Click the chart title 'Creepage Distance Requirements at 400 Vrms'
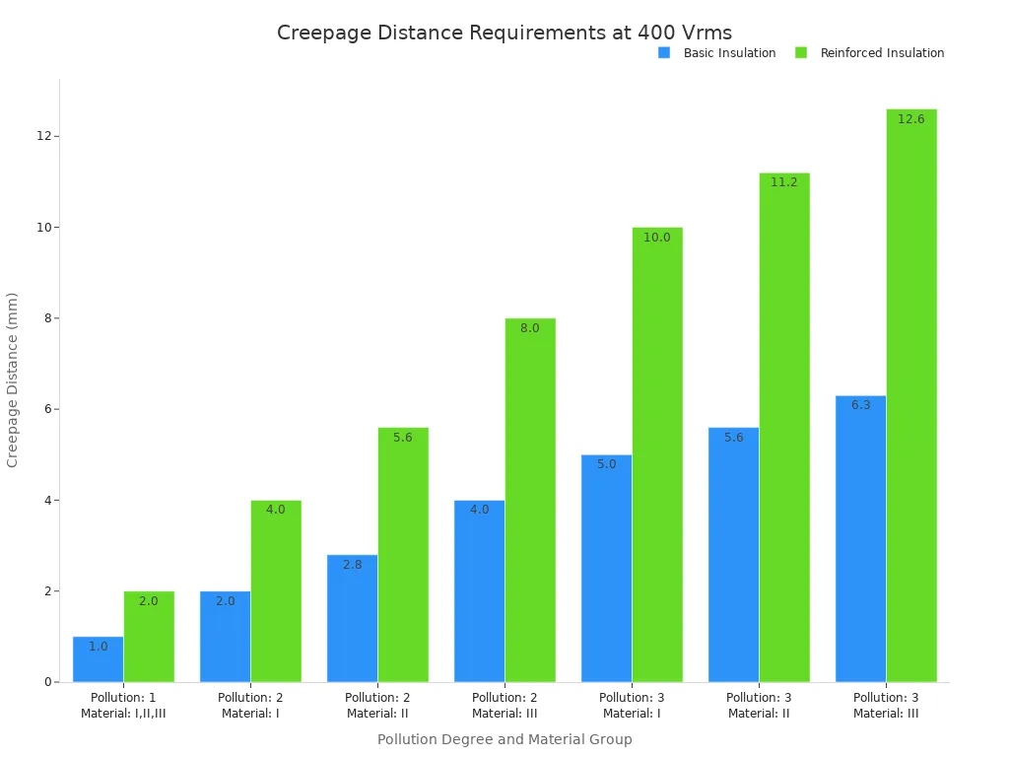(x=504, y=33)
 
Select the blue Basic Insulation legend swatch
(x=664, y=53)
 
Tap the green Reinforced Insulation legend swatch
(x=801, y=53)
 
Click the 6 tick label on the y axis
(x=47, y=409)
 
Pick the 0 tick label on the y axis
(x=47, y=682)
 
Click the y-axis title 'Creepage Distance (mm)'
(x=12, y=379)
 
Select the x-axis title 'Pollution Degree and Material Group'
(x=504, y=739)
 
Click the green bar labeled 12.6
(x=911, y=395)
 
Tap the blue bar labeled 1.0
(x=98, y=659)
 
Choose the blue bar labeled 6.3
(x=861, y=539)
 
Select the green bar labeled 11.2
(x=784, y=428)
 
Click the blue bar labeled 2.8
(x=352, y=618)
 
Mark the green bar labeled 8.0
(x=530, y=500)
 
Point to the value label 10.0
(x=657, y=237)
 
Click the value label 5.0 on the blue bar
(x=606, y=464)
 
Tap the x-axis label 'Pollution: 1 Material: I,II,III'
(x=123, y=706)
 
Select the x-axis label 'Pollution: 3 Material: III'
(x=886, y=706)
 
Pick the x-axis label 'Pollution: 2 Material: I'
(x=250, y=706)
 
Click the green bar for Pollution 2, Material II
(x=403, y=555)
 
